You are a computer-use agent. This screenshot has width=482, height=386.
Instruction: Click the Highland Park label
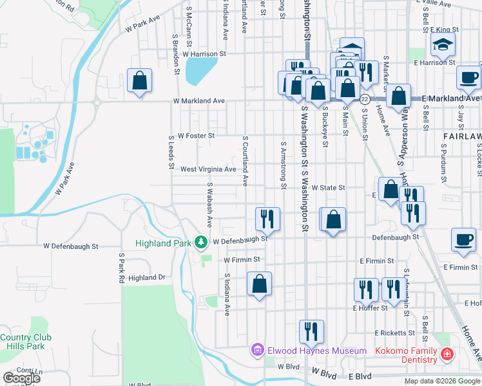point(164,243)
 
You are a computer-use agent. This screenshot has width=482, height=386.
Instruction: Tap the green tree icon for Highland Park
point(201,243)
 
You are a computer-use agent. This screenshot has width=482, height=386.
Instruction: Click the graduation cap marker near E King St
point(443,44)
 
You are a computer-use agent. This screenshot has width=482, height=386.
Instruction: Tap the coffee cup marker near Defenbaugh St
point(464,239)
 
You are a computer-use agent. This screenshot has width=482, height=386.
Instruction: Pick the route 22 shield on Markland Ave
point(364,99)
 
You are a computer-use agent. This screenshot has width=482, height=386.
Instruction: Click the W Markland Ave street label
point(198,101)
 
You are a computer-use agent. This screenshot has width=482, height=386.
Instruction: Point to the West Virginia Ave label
point(208,169)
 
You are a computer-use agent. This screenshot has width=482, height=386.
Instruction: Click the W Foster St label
point(196,136)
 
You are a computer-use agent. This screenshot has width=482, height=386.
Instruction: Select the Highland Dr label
point(147,278)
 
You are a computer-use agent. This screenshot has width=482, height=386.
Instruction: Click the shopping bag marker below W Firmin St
point(259,284)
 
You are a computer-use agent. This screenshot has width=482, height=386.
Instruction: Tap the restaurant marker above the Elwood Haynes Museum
point(311,332)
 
